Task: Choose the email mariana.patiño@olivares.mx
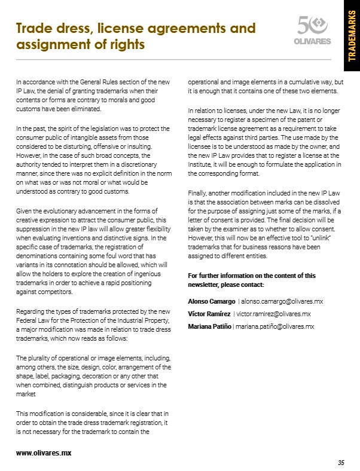coord(276,326)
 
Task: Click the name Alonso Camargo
coord(211,301)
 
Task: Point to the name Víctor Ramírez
coord(209,313)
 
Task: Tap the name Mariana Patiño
coord(209,326)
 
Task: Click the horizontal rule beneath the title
coord(173,60)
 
